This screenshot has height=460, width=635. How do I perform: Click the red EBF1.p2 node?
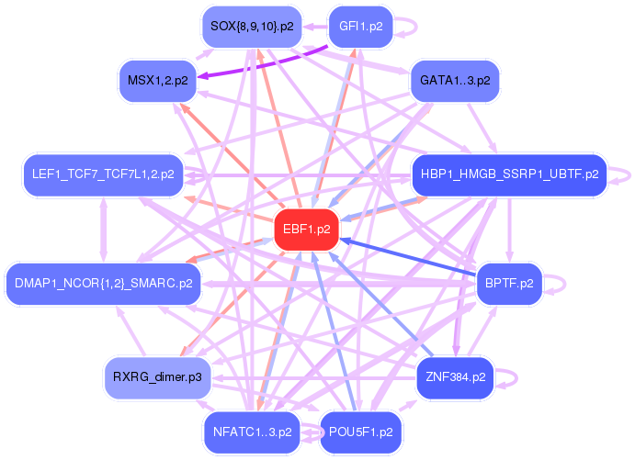coord(308,230)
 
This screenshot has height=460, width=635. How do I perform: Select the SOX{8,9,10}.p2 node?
coord(252,27)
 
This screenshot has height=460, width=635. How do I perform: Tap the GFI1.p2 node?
coord(360,27)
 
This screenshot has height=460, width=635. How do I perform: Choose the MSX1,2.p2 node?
coord(157,81)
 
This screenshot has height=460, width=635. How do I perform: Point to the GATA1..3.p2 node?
coord(455,81)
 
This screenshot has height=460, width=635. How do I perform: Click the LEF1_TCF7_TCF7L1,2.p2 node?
coord(102,173)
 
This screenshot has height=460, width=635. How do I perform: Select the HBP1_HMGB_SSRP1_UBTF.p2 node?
coord(509,173)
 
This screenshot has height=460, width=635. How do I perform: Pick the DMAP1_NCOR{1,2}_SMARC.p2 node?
coord(102,283)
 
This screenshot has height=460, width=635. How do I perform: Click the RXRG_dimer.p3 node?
coord(157,376)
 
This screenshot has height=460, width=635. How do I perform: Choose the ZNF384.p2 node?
coord(455,376)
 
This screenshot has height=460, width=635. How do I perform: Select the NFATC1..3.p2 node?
coord(252,431)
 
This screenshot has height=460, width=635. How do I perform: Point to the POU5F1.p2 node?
coord(360,431)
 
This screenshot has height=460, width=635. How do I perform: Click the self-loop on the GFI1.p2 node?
coord(411,27)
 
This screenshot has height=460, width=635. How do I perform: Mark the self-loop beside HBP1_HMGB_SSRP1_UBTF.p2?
coord(628,173)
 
